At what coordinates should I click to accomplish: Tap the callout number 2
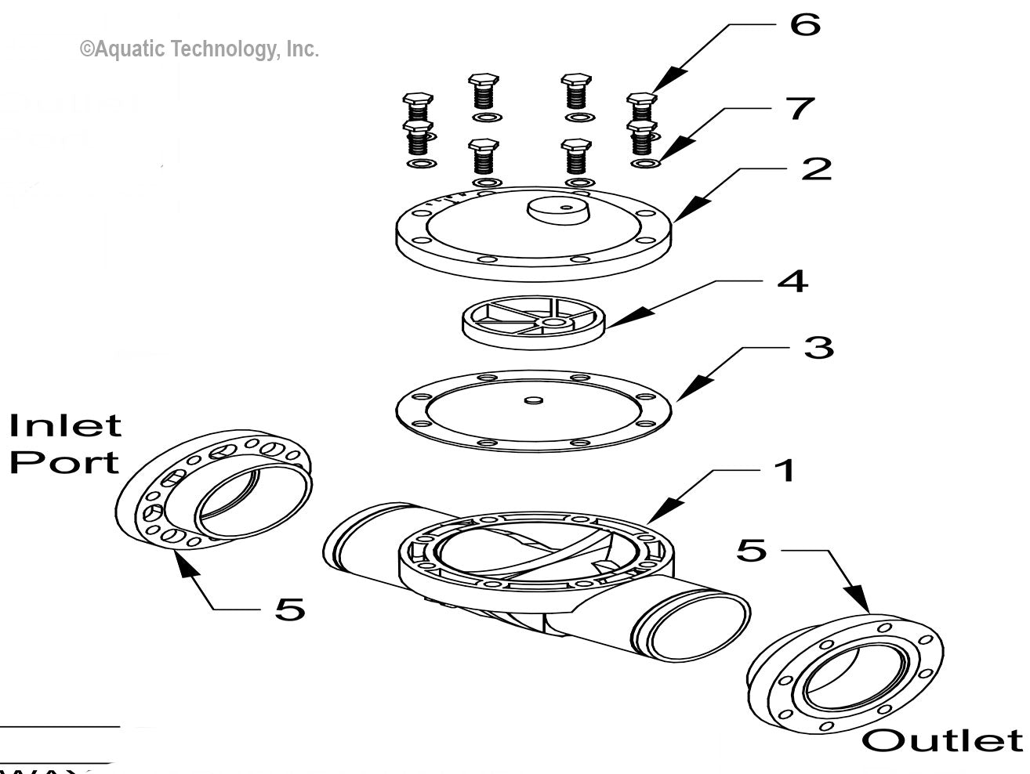816,168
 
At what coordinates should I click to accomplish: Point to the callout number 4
792,280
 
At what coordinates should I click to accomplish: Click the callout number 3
818,346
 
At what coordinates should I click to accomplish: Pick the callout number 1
784,471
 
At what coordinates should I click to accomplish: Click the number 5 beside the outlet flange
751,550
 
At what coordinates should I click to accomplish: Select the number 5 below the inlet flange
289,608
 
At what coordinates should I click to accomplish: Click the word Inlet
66,426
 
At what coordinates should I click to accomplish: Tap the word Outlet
942,740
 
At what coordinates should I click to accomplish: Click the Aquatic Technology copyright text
199,49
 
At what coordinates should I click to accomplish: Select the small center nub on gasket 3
533,400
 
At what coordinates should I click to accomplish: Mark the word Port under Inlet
64,461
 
